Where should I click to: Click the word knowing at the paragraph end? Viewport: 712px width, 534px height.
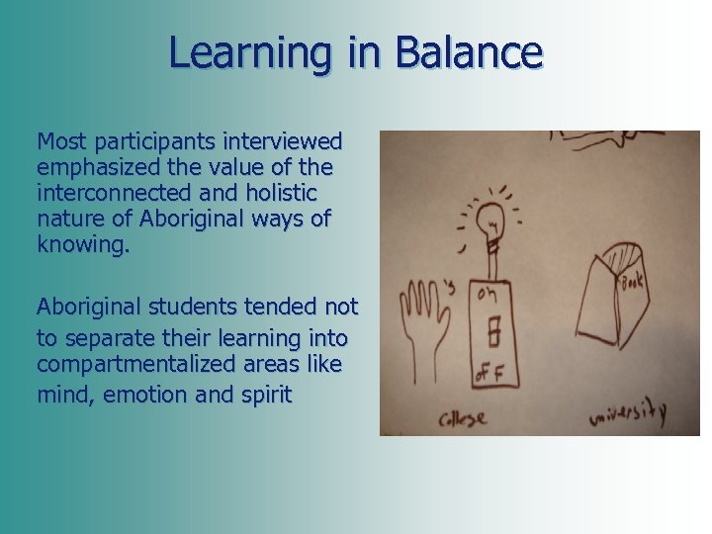[82, 244]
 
